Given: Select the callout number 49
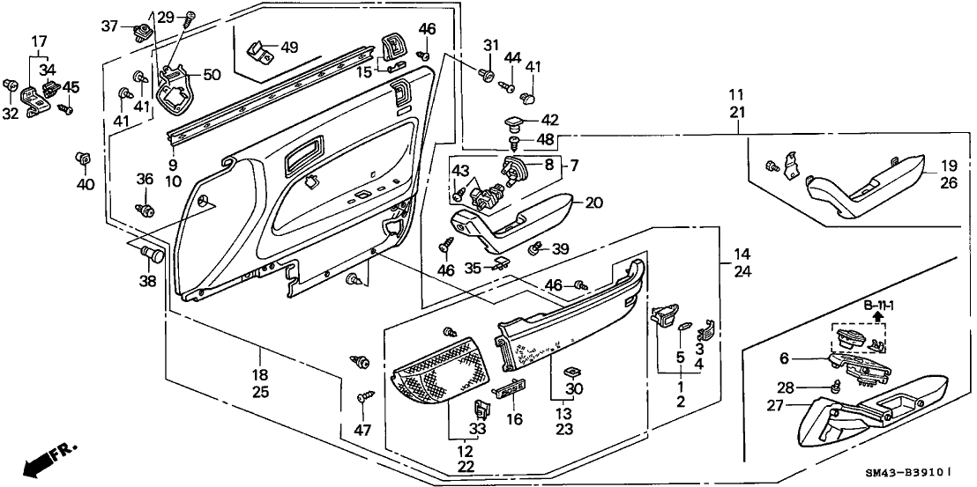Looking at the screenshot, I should coord(290,48).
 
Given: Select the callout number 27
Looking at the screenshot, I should coord(774,406).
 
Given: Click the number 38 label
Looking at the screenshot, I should coord(145,282).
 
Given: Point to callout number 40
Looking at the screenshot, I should coord(85,184).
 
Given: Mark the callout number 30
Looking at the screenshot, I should coord(574,388).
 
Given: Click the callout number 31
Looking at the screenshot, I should coord(491,46).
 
